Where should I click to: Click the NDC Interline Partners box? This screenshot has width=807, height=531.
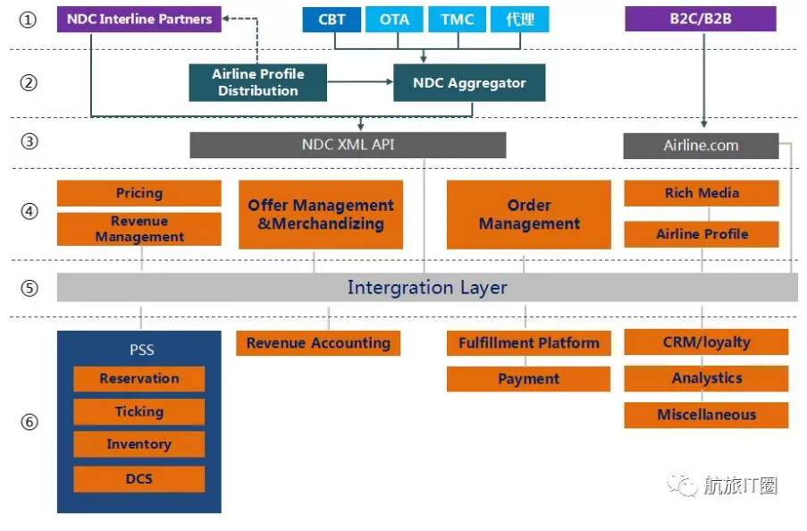(139, 19)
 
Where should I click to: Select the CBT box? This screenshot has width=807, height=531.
(332, 20)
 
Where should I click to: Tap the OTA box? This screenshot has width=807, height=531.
(394, 20)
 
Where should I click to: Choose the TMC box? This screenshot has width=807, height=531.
(457, 20)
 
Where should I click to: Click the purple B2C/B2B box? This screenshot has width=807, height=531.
(701, 19)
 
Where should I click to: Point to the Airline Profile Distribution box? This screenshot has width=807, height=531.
(258, 82)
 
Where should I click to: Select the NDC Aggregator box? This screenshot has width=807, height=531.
(469, 82)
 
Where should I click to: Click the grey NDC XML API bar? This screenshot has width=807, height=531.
(348, 145)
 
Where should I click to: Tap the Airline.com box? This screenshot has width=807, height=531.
(701, 146)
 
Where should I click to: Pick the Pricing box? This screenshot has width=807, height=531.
(139, 193)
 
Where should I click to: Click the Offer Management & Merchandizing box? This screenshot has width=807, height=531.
(321, 215)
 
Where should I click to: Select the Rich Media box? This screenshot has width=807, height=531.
(702, 193)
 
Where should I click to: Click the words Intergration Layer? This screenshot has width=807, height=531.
(427, 287)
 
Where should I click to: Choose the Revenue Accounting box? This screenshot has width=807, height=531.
(318, 343)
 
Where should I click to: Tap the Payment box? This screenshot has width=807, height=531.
(528, 379)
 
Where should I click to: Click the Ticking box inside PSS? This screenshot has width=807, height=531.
(139, 411)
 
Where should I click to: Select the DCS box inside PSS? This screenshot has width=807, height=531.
(139, 479)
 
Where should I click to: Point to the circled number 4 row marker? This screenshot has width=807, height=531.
(29, 211)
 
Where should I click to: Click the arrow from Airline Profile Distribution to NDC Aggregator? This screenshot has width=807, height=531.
(360, 82)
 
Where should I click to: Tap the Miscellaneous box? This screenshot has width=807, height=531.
(706, 415)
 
